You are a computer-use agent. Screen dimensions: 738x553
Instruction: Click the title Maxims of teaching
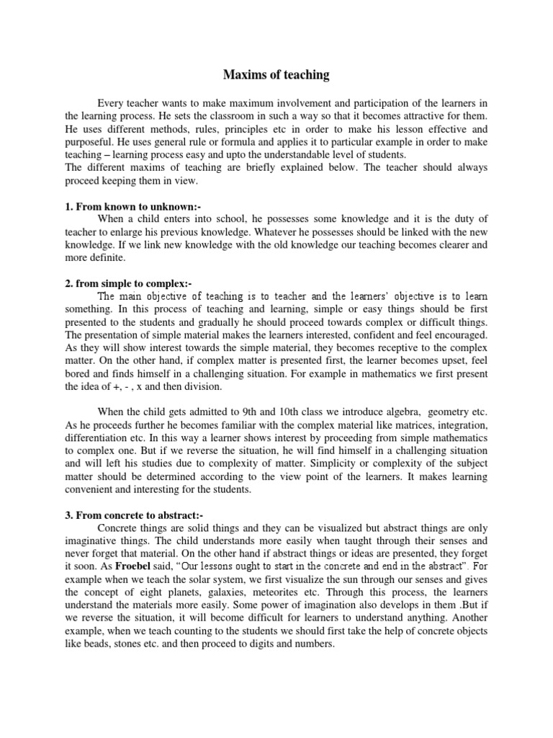click(x=276, y=74)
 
